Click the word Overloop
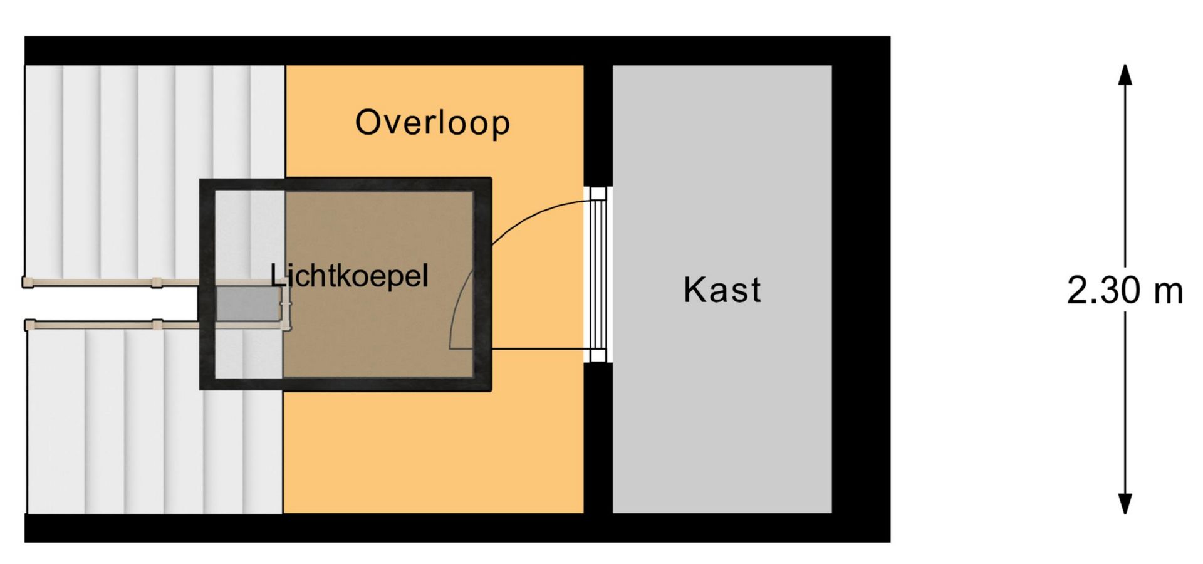pyautogui.click(x=432, y=122)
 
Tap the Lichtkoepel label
pyautogui.click(x=349, y=276)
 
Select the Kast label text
pyautogui.click(x=722, y=290)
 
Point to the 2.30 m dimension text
pyautogui.click(x=1125, y=291)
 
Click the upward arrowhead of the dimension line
pyautogui.click(x=1125, y=74)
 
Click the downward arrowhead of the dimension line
pyautogui.click(x=1125, y=504)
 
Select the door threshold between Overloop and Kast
pyautogui.click(x=598, y=275)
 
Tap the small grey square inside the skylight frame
pyautogui.click(x=248, y=304)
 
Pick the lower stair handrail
pyautogui.click(x=157, y=325)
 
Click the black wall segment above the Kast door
pyautogui.click(x=598, y=126)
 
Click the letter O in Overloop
pyautogui.click(x=369, y=122)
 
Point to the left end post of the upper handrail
pyautogui.click(x=28, y=283)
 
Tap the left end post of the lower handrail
pyautogui.click(x=29, y=325)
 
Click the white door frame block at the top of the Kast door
pyautogui.click(x=598, y=194)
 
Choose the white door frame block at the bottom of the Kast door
pyautogui.click(x=598, y=356)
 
